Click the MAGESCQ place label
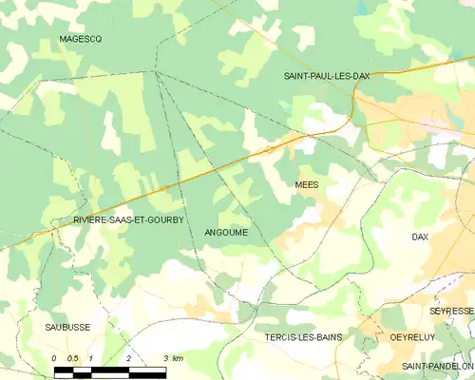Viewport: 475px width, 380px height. click(x=80, y=38)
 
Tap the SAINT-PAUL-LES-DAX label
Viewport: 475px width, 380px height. click(x=327, y=75)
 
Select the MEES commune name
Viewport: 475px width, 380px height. click(x=306, y=184)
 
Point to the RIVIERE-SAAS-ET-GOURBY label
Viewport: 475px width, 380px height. click(x=127, y=219)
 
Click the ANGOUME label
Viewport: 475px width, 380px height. click(x=226, y=232)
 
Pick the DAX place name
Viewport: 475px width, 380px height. click(x=421, y=236)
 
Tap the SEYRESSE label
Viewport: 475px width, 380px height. click(x=450, y=311)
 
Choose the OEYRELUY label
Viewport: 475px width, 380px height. click(x=412, y=336)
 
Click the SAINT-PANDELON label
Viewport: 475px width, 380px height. click(x=437, y=365)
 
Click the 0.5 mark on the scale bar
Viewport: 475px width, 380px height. click(x=72, y=358)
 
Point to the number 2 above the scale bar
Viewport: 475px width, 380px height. click(x=127, y=358)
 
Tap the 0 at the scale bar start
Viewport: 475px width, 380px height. click(x=55, y=358)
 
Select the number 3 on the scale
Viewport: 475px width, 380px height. click(x=164, y=358)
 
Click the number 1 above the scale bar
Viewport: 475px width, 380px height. click(x=91, y=358)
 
